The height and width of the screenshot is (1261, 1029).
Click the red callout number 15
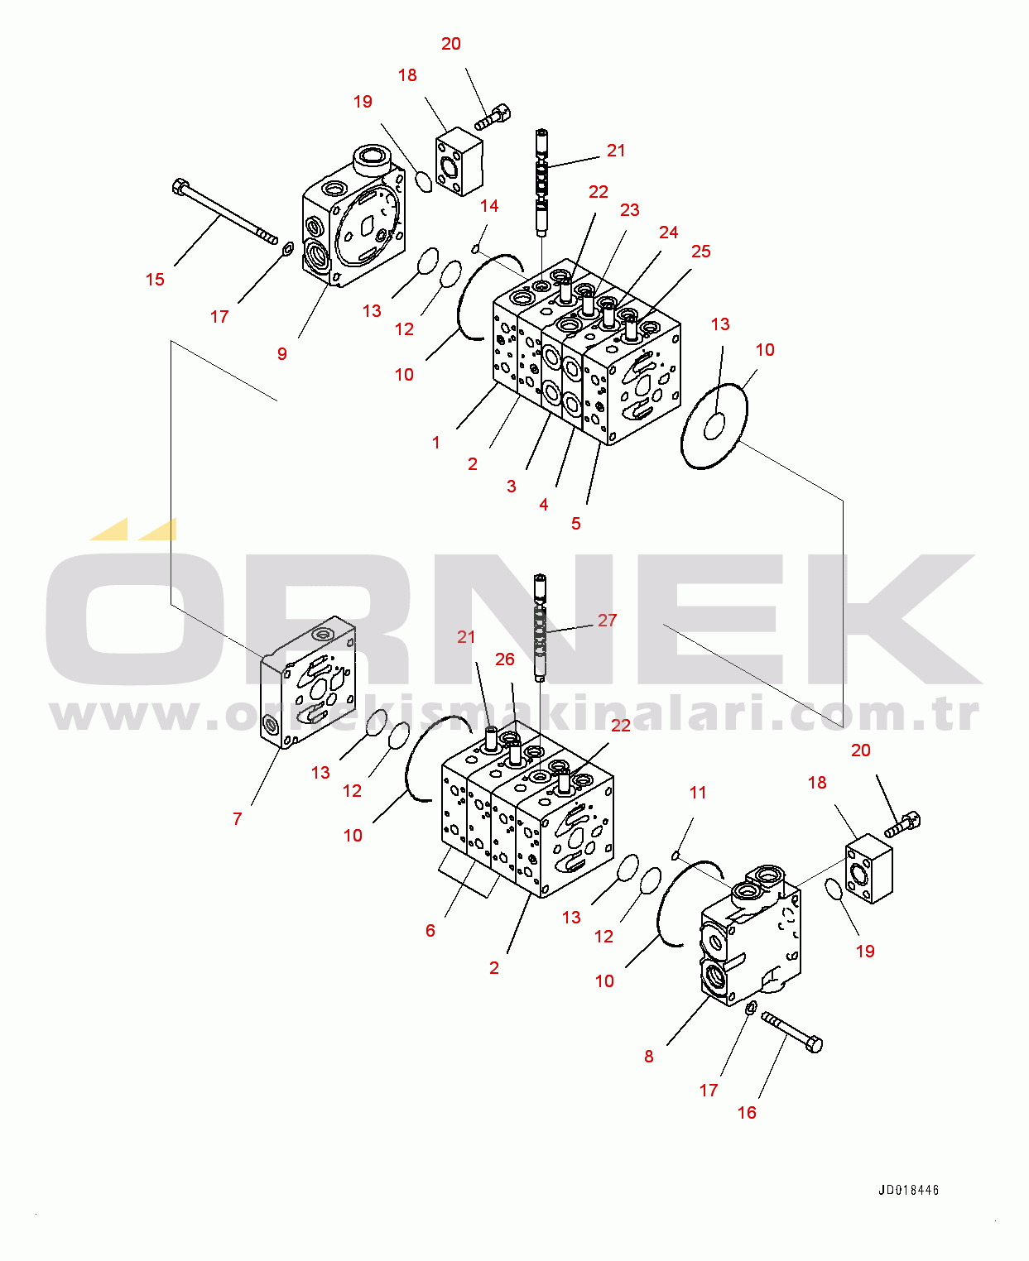pyautogui.click(x=155, y=279)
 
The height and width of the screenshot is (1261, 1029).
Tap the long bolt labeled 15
pyautogui.click(x=224, y=212)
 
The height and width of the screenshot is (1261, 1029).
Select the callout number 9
pyautogui.click(x=282, y=354)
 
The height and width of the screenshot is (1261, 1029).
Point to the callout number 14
pyautogui.click(x=489, y=206)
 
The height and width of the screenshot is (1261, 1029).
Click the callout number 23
pyautogui.click(x=629, y=210)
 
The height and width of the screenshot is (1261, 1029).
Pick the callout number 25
pyautogui.click(x=701, y=252)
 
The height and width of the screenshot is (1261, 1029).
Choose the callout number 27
pyautogui.click(x=608, y=621)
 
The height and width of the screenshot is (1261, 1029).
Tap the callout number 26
pyautogui.click(x=505, y=659)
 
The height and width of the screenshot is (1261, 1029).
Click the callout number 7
pyautogui.click(x=238, y=819)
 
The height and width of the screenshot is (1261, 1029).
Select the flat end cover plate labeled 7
pyautogui.click(x=308, y=683)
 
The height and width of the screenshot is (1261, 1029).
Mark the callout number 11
pyautogui.click(x=698, y=793)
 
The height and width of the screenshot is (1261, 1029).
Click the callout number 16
pyautogui.click(x=748, y=1113)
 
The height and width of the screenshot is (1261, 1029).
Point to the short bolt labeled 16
pyautogui.click(x=792, y=1033)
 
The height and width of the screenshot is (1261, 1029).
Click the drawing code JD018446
pyautogui.click(x=909, y=1191)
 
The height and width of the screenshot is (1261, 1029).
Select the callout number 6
pyautogui.click(x=430, y=931)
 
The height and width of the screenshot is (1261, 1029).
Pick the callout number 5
pyautogui.click(x=576, y=525)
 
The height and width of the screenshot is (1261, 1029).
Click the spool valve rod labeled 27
pyautogui.click(x=541, y=628)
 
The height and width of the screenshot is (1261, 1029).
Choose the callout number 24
pyautogui.click(x=669, y=233)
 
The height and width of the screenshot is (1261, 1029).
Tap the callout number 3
pyautogui.click(x=512, y=487)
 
